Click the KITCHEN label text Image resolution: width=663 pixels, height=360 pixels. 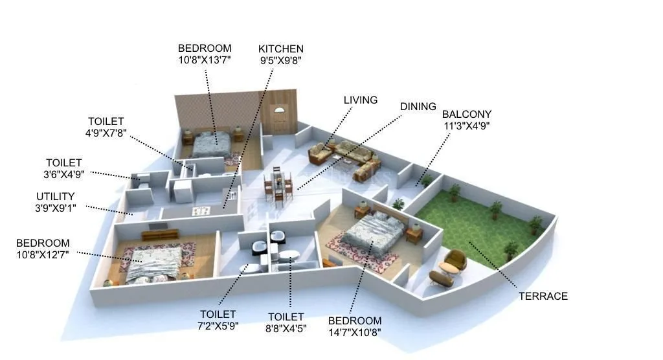tap(280, 49)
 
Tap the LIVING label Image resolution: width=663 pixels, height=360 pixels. tap(361, 100)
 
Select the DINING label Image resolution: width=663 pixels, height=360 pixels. tap(418, 106)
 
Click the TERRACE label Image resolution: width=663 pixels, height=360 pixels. tap(543, 296)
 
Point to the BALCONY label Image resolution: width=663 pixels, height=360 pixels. tap(466, 114)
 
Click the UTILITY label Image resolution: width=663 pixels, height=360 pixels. tap(55, 196)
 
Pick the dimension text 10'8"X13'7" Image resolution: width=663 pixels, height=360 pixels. tap(205, 60)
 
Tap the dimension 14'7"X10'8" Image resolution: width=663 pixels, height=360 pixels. tap(354, 333)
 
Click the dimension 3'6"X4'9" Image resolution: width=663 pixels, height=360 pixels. tap(63, 174)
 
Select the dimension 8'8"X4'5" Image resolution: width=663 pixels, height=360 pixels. tap(286, 329)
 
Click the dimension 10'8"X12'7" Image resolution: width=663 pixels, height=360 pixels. tap(43, 255)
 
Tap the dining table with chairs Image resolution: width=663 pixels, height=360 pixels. tap(277, 185)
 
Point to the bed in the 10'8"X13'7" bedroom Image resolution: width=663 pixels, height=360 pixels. tap(210, 143)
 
